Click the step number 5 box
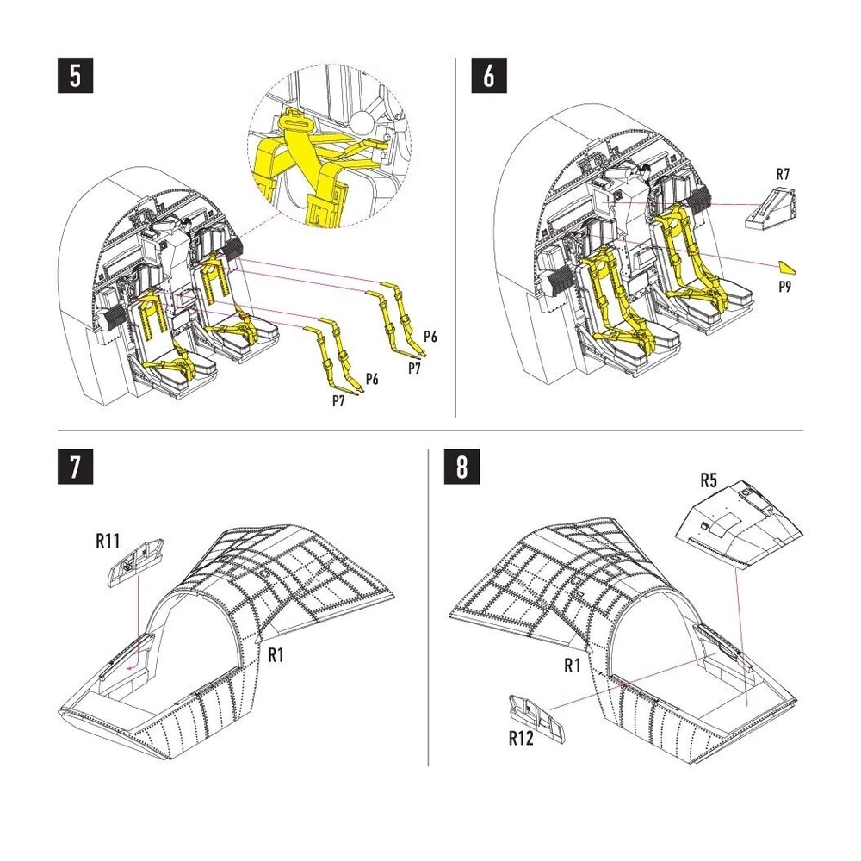click(x=75, y=75)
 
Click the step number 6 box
click(x=489, y=75)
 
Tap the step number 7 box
click(x=75, y=467)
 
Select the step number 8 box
click(x=461, y=467)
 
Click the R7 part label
click(x=783, y=174)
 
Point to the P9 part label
click(x=784, y=287)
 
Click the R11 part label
click(x=108, y=541)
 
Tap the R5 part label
click(x=709, y=480)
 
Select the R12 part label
click(x=521, y=739)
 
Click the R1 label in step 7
click(x=276, y=654)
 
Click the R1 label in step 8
click(x=573, y=666)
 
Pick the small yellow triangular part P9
click(x=787, y=268)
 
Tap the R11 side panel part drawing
click(x=136, y=563)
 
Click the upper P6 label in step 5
click(x=430, y=337)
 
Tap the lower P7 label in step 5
click(x=338, y=401)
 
